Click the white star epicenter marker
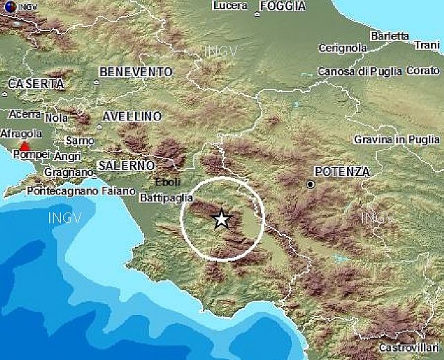click(221, 219)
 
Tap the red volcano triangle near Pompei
click(25, 146)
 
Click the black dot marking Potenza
click(310, 184)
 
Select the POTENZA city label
click(341, 171)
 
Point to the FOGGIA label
click(283, 6)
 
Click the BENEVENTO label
click(136, 71)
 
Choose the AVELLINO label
click(132, 116)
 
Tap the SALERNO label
click(126, 165)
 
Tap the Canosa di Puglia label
click(359, 71)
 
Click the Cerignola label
click(342, 48)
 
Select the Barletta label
click(389, 35)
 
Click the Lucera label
click(231, 6)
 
